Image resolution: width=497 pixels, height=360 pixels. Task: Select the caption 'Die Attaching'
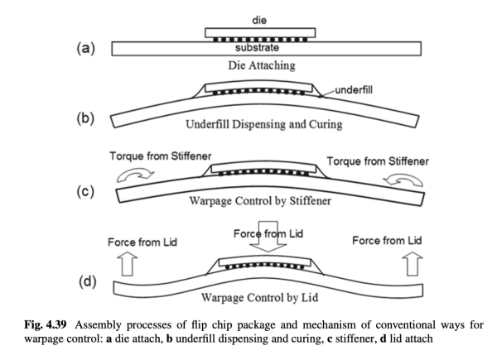click(x=260, y=67)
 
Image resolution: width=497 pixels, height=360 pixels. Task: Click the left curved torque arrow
click(x=134, y=176)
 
